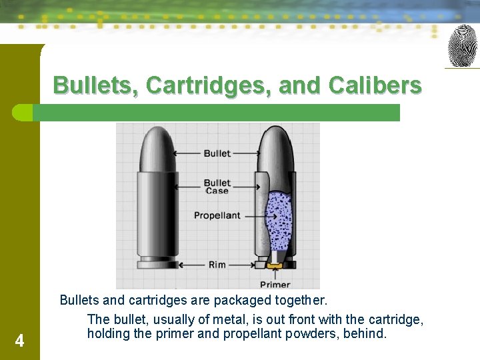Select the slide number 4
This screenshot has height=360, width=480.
(19, 341)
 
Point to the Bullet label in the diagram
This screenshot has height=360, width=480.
(217, 153)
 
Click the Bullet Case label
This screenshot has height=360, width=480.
(217, 187)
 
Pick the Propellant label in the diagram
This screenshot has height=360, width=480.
(217, 215)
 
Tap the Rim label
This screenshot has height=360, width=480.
(217, 265)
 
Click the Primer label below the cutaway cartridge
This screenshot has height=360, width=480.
(275, 284)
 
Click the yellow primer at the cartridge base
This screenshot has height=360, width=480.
(275, 266)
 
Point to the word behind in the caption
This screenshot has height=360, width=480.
(364, 333)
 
